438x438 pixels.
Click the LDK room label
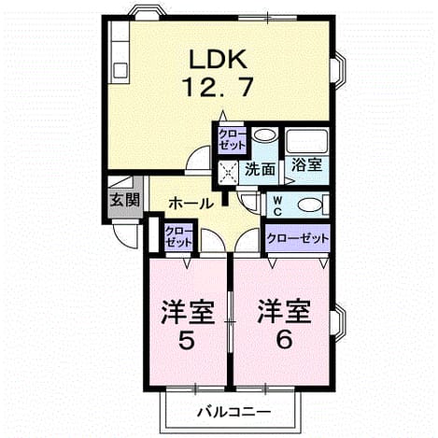click(218, 59)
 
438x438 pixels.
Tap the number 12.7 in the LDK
click(219, 87)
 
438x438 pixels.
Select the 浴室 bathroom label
click(306, 164)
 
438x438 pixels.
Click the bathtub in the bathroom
click(307, 141)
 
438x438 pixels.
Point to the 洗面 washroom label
click(260, 170)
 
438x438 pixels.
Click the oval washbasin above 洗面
click(264, 135)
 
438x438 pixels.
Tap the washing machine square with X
click(228, 172)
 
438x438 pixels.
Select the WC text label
click(277, 205)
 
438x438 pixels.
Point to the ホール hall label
click(191, 204)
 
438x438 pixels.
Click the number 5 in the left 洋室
click(187, 340)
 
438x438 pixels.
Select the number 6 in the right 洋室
click(284, 339)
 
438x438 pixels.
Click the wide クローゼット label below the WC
click(298, 238)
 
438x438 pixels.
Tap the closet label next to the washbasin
click(232, 140)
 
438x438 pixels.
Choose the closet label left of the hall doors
click(178, 237)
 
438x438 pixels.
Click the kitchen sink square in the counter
click(120, 70)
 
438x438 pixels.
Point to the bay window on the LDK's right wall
click(339, 67)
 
